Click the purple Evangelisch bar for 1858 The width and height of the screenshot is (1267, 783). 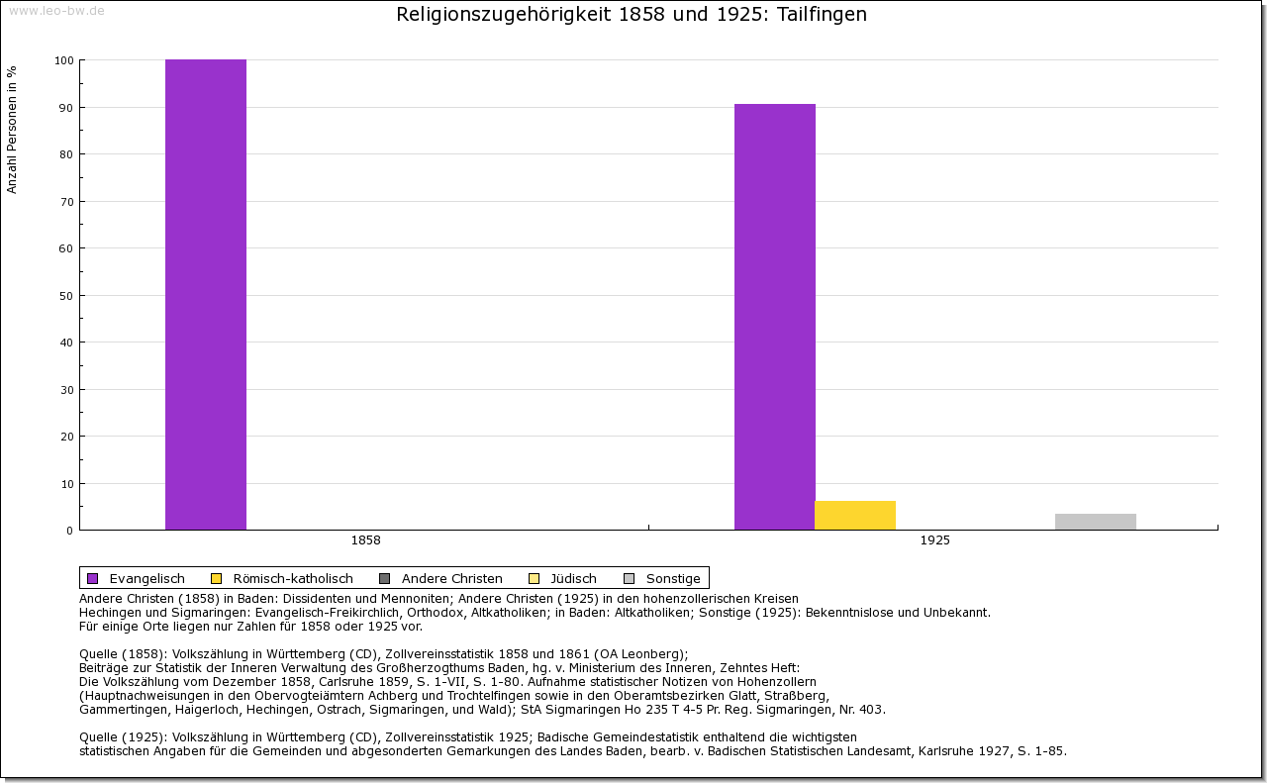click(x=206, y=295)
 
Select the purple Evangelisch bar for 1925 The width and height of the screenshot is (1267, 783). click(x=775, y=317)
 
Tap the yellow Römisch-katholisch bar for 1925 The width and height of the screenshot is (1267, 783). click(x=855, y=516)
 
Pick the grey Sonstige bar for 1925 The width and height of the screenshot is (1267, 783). click(x=1096, y=522)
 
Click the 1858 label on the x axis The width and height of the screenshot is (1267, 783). click(x=365, y=541)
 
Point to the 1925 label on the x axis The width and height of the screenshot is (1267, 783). click(x=934, y=541)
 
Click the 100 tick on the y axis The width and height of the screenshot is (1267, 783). click(x=64, y=60)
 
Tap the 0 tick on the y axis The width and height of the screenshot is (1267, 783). click(x=70, y=531)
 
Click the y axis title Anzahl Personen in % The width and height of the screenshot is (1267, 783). click(x=12, y=129)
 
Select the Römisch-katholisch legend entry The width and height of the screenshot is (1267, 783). click(x=282, y=579)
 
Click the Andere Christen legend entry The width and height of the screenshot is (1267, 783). click(x=441, y=579)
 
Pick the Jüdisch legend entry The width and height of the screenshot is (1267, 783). click(x=563, y=579)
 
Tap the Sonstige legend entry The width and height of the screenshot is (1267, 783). click(x=662, y=579)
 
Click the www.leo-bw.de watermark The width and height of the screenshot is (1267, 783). click(x=55, y=10)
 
